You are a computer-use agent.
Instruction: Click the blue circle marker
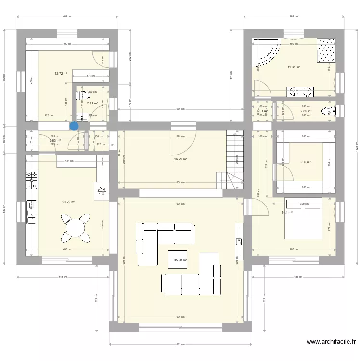[74, 126]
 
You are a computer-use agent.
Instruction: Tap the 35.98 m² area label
[180, 260]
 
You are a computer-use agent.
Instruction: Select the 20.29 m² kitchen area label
[68, 202]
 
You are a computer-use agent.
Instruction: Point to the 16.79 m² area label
[180, 159]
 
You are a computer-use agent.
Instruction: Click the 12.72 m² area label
[61, 74]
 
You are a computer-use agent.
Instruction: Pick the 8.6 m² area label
[306, 162]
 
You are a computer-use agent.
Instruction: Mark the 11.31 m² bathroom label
[294, 67]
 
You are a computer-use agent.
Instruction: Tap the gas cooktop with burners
[32, 179]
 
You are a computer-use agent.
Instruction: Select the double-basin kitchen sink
[32, 212]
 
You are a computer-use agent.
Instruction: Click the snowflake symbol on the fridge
[102, 191]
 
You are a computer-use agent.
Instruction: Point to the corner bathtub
[267, 52]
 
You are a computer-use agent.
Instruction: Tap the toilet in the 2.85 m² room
[329, 112]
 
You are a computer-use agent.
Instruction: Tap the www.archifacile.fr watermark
[332, 342]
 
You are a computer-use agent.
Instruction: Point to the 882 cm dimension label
[180, 344]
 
